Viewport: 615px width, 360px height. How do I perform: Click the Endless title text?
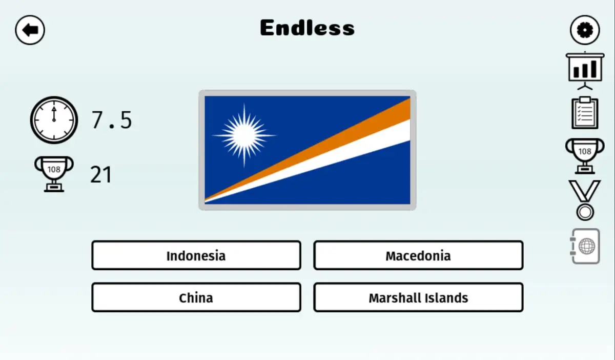307,28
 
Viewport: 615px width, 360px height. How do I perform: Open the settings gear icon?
585,30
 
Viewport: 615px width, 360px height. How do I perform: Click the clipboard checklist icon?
585,113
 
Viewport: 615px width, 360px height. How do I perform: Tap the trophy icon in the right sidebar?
585,155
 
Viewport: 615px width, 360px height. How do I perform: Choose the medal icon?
585,200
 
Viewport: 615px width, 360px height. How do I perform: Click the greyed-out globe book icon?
585,246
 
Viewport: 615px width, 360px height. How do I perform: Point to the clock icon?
54,120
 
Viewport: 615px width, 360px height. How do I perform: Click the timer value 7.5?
112,120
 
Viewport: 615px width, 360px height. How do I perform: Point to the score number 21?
101,175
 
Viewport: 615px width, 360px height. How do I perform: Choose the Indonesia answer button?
196,255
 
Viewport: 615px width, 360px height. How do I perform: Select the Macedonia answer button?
418,255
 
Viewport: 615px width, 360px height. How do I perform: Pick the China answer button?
196,297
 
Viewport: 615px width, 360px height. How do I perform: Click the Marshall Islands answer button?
418,297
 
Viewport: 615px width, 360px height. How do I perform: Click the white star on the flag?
244,135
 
